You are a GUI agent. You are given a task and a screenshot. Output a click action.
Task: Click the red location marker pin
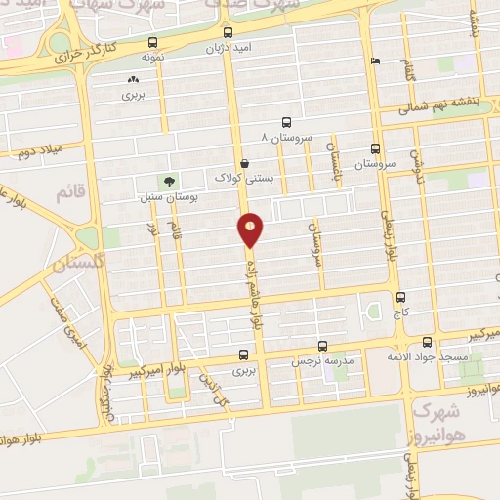[x=251, y=229]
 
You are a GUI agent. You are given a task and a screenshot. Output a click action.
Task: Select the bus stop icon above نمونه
[x=151, y=42]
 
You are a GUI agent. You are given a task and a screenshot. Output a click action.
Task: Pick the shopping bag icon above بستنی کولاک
[x=244, y=163]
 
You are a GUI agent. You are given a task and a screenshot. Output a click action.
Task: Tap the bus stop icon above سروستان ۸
[x=286, y=122]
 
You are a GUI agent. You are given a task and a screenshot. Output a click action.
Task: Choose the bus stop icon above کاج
[x=400, y=297]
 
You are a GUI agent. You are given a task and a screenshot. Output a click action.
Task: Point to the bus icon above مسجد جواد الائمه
[x=427, y=342]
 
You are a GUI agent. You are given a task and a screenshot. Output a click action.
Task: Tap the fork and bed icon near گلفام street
[x=376, y=62]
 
